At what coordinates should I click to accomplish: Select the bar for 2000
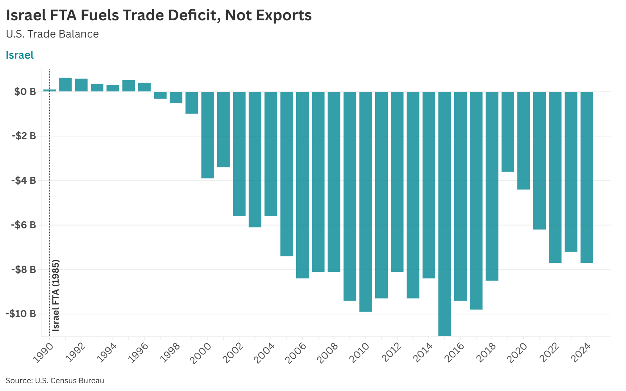coord(207,135)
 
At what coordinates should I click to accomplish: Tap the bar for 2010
coord(365,201)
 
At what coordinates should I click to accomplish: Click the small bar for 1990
coord(50,90)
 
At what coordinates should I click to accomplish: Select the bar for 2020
coord(523,140)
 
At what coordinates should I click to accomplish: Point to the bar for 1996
coord(144,87)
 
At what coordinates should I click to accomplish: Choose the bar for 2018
coord(492,186)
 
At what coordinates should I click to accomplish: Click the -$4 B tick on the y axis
coord(24,181)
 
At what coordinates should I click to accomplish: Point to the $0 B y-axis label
coord(25,92)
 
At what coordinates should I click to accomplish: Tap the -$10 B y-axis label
coord(21,314)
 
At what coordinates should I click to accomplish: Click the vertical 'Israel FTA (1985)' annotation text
coord(56,295)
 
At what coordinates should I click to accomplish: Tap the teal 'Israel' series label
coord(20,55)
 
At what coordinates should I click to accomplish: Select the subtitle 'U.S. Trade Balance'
coord(52,34)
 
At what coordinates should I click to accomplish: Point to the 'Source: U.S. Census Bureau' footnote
coord(55,380)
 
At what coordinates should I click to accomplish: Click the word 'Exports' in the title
coord(284,15)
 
